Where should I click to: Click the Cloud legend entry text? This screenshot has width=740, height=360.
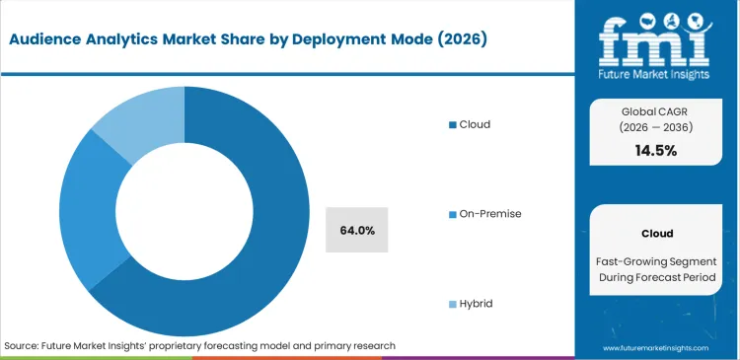click(x=473, y=124)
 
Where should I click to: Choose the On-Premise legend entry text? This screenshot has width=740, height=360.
click(x=489, y=214)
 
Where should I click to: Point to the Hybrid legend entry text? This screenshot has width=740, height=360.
click(x=476, y=304)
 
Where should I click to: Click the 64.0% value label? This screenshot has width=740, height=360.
click(x=356, y=231)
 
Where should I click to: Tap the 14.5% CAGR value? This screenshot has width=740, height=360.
click(x=657, y=151)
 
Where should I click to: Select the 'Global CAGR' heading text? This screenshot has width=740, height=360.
click(x=657, y=110)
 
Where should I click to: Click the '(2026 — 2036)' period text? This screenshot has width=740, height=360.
click(x=657, y=127)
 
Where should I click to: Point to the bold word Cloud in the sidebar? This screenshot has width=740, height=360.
click(x=657, y=234)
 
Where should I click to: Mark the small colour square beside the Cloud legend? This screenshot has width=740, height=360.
click(x=452, y=125)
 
